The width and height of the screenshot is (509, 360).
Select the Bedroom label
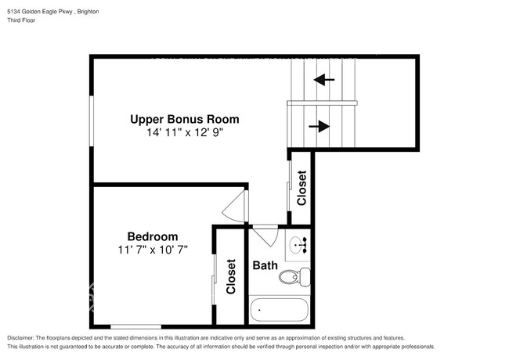tap(153, 236)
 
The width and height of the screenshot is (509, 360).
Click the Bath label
tap(265, 266)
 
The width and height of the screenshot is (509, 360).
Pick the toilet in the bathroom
tap(295, 276)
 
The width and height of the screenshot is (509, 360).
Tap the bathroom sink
tap(298, 245)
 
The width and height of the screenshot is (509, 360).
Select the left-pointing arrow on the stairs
tap(323, 79)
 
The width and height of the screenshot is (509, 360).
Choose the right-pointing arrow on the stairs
tap(320, 126)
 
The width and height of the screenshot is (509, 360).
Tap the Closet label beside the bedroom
tap(231, 276)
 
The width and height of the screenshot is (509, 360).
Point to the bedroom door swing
tap(236, 207)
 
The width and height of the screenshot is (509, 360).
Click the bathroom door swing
tap(264, 235)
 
